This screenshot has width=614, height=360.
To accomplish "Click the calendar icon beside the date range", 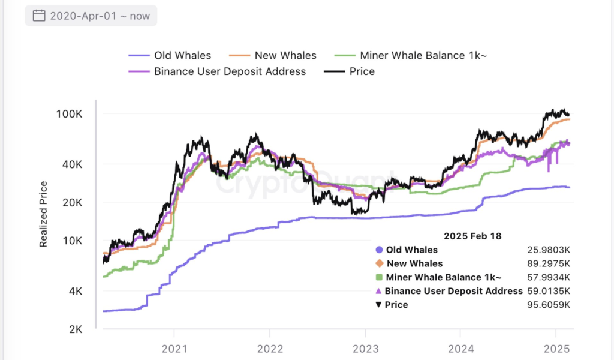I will pos(38,16).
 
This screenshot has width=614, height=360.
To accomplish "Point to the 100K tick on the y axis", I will pos(70,114).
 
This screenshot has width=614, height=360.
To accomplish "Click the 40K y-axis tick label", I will pos(72,164).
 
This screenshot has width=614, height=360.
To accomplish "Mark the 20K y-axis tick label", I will pos(72,203).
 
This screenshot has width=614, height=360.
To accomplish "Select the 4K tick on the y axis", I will pos(75,292).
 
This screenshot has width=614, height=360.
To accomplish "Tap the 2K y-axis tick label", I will pos(75,329).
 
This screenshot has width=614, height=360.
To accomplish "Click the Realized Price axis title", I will pos(43,218).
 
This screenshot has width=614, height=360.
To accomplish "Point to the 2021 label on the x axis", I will pos(174,349).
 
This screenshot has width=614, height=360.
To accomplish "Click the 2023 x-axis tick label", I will pos(365,349).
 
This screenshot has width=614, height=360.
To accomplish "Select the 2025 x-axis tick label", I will pos(555,349).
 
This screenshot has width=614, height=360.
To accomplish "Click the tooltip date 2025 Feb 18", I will pos(472,236).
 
